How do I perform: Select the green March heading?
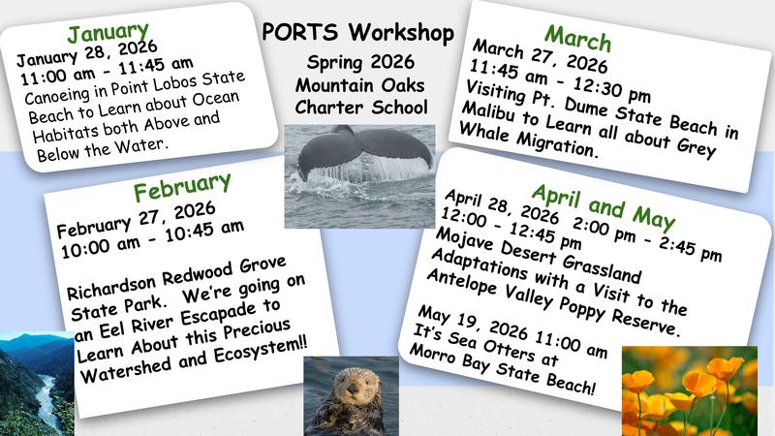pyautogui.click(x=577, y=38)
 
